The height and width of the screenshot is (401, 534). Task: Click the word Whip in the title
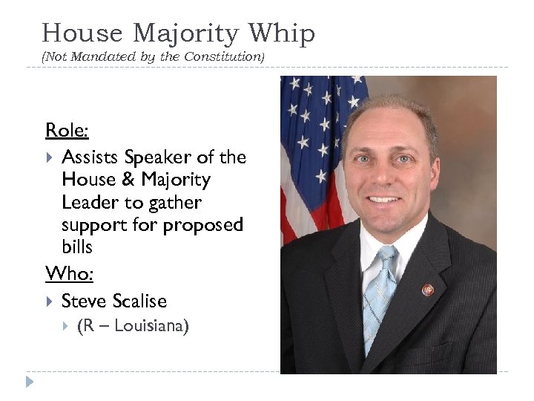tap(282, 33)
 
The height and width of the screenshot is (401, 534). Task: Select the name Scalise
tap(140, 301)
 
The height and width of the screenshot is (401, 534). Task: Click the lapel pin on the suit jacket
tap(427, 290)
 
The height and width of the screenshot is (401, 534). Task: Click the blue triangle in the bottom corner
tap(30, 382)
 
